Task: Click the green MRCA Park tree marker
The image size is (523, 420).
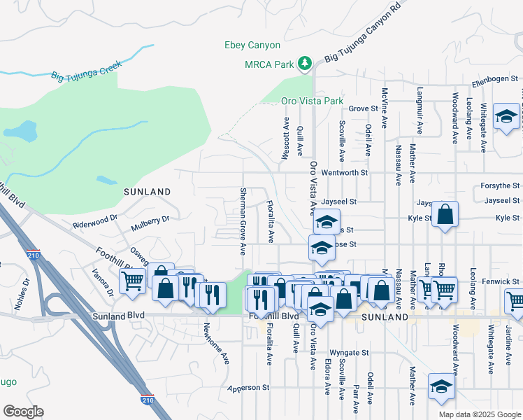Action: point(304,64)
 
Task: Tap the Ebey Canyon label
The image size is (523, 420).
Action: point(252,45)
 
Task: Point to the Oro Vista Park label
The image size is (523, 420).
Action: point(312,101)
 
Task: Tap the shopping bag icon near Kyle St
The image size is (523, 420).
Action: point(445,216)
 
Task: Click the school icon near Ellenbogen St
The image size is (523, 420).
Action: point(506,117)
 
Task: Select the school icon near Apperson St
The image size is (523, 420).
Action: point(441,388)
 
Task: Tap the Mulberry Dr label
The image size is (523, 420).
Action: point(150,225)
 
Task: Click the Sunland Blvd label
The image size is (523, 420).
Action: point(118,316)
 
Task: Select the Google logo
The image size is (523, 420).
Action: point(23,412)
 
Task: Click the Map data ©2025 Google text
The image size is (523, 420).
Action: point(480,414)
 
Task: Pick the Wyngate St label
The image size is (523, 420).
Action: point(348,353)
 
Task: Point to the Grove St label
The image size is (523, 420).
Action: point(363,108)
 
